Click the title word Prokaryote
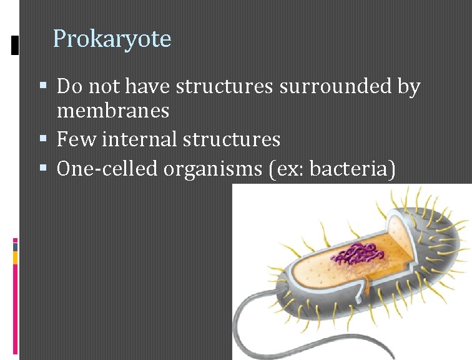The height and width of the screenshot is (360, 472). pyautogui.click(x=112, y=39)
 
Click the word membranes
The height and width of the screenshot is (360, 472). pyautogui.click(x=112, y=111)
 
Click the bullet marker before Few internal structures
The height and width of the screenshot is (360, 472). pyautogui.click(x=43, y=139)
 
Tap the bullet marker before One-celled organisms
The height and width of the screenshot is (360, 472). pyautogui.click(x=43, y=167)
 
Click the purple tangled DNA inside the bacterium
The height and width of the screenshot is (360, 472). pyautogui.click(x=356, y=252)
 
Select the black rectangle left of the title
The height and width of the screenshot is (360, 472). pyautogui.click(x=14, y=45)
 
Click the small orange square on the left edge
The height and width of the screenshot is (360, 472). pyautogui.click(x=15, y=258)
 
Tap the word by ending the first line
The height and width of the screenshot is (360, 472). pyautogui.click(x=408, y=87)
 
